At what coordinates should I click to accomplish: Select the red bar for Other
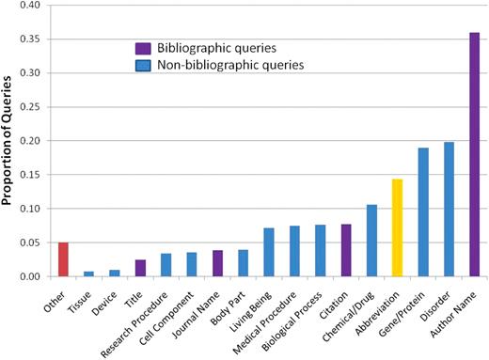63,259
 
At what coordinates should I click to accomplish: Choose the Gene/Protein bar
423,211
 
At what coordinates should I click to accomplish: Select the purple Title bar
140,268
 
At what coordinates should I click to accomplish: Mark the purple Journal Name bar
217,263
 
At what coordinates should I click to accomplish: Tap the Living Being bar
269,252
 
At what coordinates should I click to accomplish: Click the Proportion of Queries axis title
8,141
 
